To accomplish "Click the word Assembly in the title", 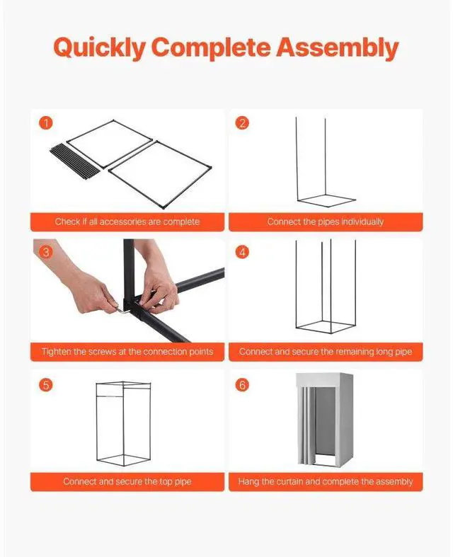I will pyautogui.click(x=337, y=48).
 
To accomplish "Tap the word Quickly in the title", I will pyautogui.click(x=100, y=48).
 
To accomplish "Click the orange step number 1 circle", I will pyautogui.click(x=46, y=123).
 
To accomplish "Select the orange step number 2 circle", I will pyautogui.click(x=243, y=123).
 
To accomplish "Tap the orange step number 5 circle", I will pyautogui.click(x=46, y=385).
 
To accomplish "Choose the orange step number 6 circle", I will pyautogui.click(x=243, y=385).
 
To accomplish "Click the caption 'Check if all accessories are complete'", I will pyautogui.click(x=127, y=222).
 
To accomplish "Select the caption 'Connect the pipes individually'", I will pyautogui.click(x=325, y=222).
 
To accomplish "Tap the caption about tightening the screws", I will pyautogui.click(x=127, y=352).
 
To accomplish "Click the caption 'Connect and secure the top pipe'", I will pyautogui.click(x=127, y=481).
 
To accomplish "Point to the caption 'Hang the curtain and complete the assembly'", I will pyautogui.click(x=325, y=481).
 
